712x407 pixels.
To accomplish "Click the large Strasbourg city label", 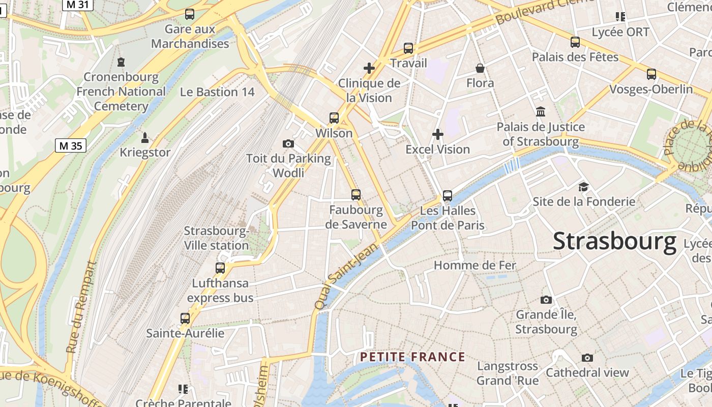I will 614,241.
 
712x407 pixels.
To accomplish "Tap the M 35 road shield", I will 70,146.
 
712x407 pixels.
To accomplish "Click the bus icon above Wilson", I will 334,118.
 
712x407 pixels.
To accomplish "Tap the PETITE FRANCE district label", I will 412,357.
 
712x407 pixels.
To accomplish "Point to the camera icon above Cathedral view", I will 587,358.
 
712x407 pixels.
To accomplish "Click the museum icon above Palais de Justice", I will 541,111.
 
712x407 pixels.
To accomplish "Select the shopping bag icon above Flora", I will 480,68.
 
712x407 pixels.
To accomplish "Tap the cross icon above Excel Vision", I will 438,134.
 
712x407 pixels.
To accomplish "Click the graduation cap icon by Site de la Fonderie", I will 583,187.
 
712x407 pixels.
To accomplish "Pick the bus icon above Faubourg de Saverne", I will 356,194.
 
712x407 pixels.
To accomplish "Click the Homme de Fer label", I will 474,265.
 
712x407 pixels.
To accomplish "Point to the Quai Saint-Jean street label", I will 347,276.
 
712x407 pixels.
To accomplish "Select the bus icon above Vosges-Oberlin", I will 651,74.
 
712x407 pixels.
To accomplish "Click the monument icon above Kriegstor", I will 145,137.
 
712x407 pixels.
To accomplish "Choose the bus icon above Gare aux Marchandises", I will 190,14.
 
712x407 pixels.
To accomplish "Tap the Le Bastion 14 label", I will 217,92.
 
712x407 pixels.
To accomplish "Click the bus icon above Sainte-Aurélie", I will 185,318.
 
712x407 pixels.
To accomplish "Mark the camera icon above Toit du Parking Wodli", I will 288,144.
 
